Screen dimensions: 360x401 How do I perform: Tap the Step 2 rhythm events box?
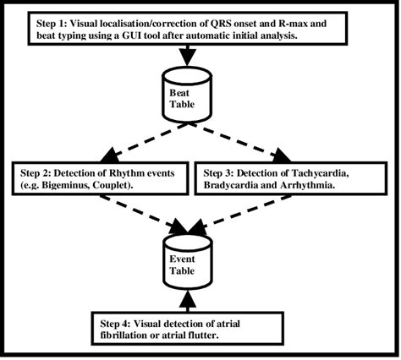pyautogui.click(x=95, y=178)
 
